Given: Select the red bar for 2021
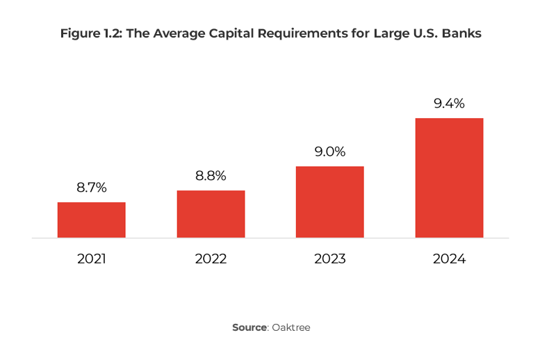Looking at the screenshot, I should tap(91, 220).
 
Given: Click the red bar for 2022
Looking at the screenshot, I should tap(211, 214).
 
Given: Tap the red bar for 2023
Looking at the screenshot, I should tap(330, 202).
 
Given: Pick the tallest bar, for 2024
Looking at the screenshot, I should tap(449, 178).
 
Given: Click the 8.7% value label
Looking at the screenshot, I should tap(91, 187).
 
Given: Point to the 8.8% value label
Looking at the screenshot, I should tap(211, 176).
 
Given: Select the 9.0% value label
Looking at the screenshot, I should tap(330, 152).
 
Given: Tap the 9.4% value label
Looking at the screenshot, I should tap(449, 104).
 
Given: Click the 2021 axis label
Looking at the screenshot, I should tap(91, 259).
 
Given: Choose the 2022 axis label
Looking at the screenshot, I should tap(211, 259).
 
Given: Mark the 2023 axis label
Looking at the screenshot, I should tap(330, 259).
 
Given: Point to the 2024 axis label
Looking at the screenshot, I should tap(449, 259).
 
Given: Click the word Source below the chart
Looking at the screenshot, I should tap(249, 327).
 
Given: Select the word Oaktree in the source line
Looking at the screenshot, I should tap(291, 327).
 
